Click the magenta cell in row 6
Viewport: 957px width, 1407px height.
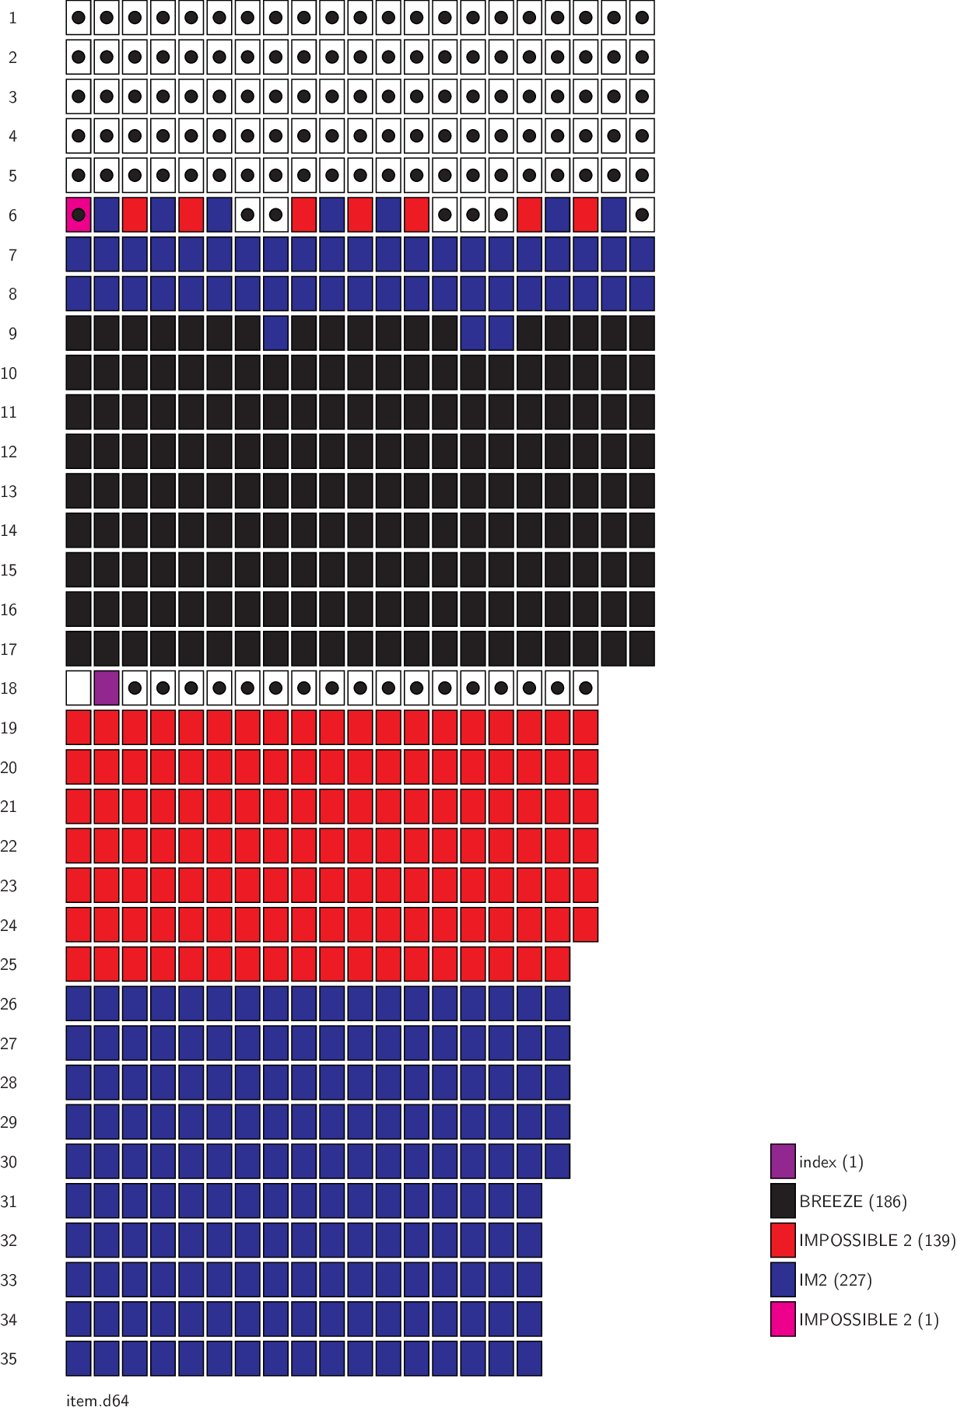point(79,215)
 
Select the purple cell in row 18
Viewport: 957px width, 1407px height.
point(107,688)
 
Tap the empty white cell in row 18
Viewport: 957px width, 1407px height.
point(79,688)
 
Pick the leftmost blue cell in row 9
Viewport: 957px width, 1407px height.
point(275,334)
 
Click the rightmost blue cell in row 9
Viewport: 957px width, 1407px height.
point(501,334)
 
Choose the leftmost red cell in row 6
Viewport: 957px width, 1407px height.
point(135,215)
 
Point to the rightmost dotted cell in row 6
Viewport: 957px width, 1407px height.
point(642,215)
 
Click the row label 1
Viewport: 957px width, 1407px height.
point(12,18)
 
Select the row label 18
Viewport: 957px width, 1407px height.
point(9,688)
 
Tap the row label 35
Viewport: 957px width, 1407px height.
point(9,1359)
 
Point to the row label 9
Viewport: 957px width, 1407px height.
point(12,334)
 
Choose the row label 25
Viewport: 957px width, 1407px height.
point(9,964)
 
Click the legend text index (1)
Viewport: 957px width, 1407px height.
point(831,1162)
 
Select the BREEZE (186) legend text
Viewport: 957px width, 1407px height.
point(853,1202)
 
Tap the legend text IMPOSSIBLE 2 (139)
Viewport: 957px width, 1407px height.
point(877,1241)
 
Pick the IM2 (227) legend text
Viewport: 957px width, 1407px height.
point(835,1280)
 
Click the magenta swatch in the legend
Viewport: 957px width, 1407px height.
point(783,1319)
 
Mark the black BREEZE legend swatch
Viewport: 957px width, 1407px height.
point(783,1201)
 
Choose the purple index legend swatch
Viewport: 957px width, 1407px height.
point(783,1161)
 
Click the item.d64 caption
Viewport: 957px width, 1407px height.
point(97,1400)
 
